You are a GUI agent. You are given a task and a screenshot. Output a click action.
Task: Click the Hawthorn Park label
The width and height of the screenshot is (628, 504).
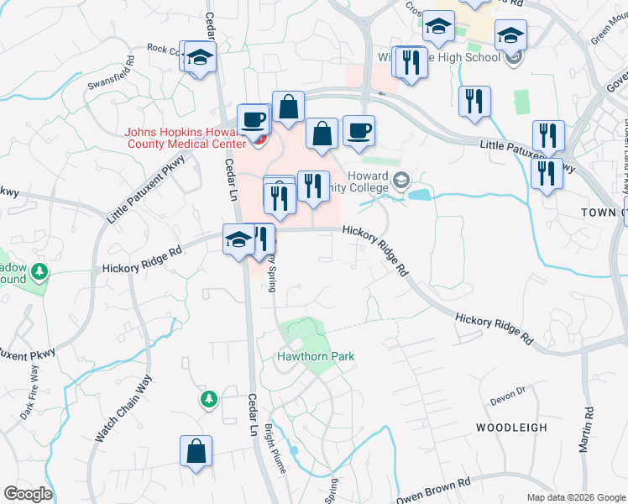(x=316, y=356)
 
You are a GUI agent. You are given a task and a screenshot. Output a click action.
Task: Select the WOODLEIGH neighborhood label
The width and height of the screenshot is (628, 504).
(x=511, y=428)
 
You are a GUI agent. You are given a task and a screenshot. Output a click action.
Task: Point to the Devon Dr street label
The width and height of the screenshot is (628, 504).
(x=508, y=391)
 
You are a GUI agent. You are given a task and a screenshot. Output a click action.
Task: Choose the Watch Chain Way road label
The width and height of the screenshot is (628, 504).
(x=123, y=409)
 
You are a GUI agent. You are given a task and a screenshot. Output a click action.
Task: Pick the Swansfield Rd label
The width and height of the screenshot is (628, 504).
(x=112, y=75)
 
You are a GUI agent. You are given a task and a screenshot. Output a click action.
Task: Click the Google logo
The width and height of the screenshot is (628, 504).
(x=28, y=494)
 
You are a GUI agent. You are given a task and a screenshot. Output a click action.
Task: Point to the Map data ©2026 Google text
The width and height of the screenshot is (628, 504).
(x=575, y=497)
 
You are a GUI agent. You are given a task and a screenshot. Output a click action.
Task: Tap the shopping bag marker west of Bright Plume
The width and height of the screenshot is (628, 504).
(x=196, y=450)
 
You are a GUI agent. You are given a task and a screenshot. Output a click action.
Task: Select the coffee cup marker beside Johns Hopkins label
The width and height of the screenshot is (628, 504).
(x=253, y=118)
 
